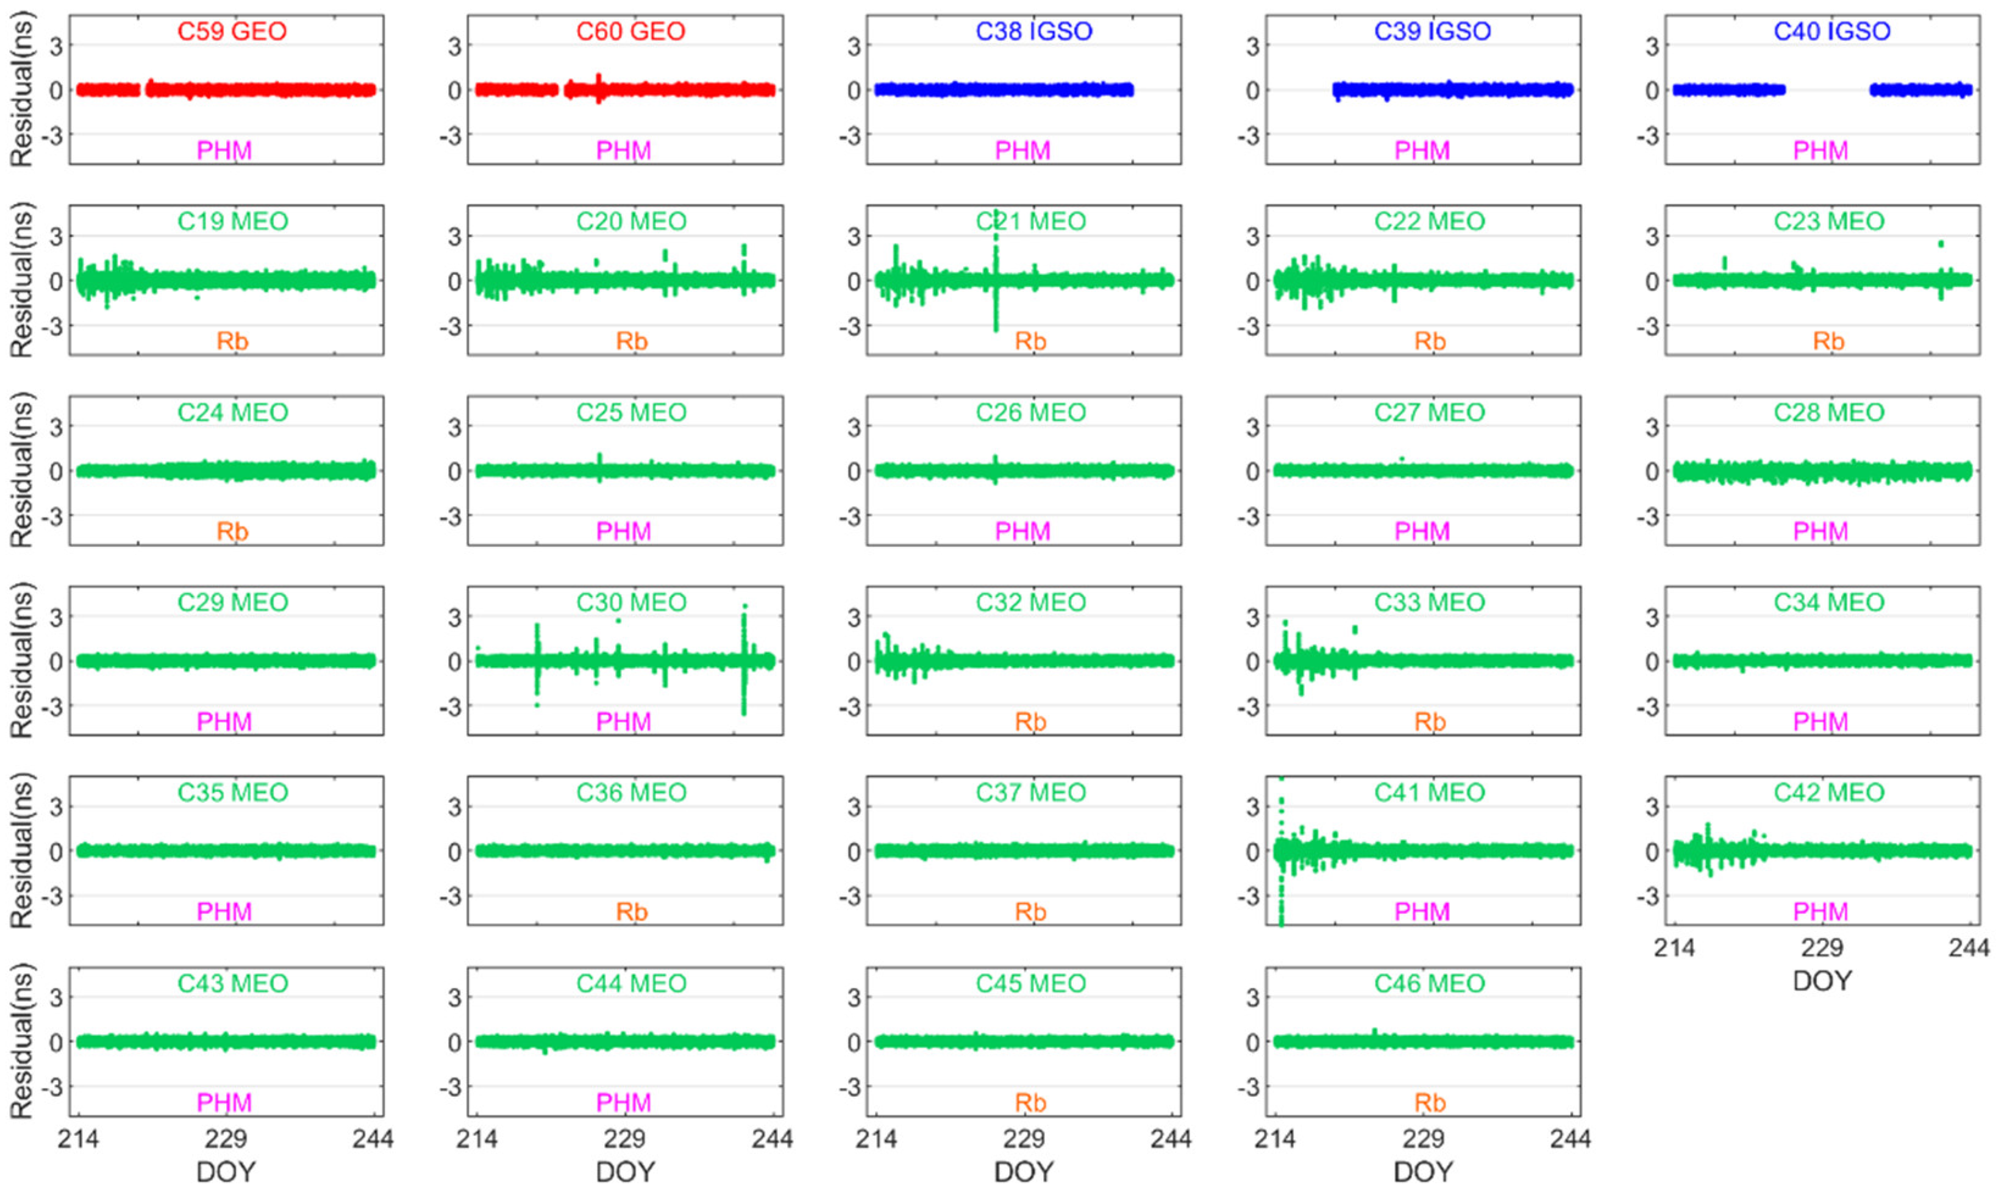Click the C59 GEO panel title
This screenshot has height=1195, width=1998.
[232, 32]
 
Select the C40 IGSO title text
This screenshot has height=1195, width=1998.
[1832, 32]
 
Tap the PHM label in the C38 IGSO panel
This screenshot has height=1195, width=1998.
[1022, 151]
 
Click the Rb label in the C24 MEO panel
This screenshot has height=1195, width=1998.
[232, 532]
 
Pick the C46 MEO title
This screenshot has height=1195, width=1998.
[1429, 983]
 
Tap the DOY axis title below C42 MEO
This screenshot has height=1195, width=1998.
[1822, 981]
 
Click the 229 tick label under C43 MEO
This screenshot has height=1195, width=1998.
[226, 1139]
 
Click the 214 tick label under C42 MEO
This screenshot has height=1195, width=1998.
[1674, 948]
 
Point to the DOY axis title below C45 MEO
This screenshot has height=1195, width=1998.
[1024, 1172]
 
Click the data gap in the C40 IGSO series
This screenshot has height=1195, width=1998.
[1827, 90]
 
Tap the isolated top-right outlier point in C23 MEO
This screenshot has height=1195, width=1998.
[1941, 243]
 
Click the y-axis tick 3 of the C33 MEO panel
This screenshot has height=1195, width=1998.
[1252, 618]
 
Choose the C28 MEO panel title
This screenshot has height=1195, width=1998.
[1829, 412]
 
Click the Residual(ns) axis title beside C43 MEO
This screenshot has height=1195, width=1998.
[22, 1041]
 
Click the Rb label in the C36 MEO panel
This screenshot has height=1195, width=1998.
[632, 911]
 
